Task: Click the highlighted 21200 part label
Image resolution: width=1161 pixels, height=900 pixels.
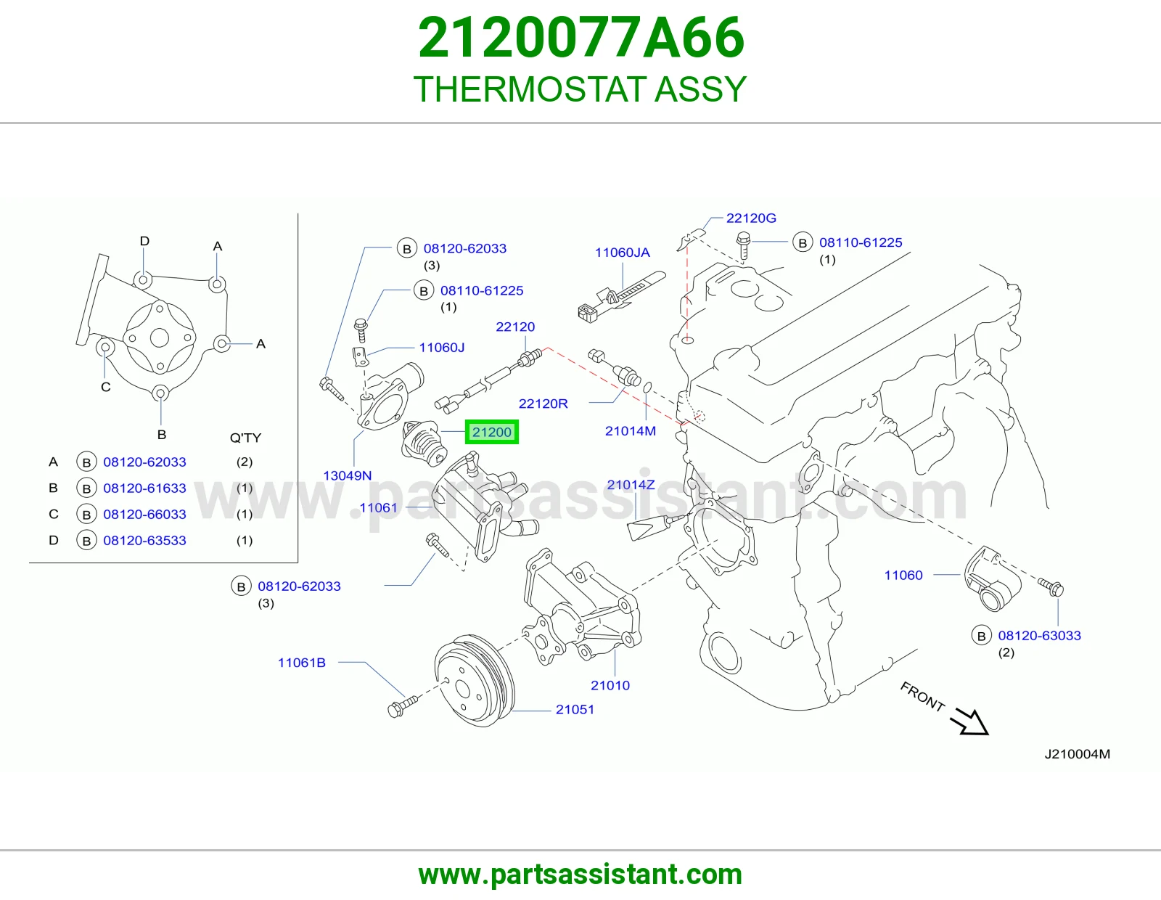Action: [x=491, y=432]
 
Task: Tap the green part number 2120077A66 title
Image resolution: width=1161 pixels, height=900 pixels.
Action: [x=580, y=38]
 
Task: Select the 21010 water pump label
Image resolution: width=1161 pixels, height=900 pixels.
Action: [x=610, y=685]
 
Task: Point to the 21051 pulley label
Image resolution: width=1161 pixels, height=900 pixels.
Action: [x=575, y=709]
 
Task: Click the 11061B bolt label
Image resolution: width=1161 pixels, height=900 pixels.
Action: [x=301, y=663]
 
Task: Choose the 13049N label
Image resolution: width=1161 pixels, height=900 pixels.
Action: [x=348, y=475]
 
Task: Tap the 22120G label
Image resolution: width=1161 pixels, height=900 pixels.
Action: [x=751, y=218]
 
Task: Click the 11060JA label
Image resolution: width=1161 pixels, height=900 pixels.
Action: [x=623, y=253]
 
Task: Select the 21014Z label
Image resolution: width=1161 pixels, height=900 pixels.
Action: [x=631, y=485]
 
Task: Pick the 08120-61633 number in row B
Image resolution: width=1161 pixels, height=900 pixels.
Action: [x=145, y=488]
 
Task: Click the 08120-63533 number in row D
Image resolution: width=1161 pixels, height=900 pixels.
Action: [x=145, y=540]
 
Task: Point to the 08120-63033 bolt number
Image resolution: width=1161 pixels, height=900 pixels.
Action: [x=1039, y=636]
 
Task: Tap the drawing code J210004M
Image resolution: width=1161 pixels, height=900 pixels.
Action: [x=1077, y=754]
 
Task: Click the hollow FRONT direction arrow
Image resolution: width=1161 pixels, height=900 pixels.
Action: [x=969, y=721]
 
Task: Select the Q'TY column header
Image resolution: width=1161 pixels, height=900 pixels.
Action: [x=246, y=438]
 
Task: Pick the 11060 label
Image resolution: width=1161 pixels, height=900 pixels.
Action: [x=903, y=575]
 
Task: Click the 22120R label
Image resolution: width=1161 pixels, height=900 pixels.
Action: [x=543, y=404]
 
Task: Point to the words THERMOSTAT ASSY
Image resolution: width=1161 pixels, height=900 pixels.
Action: [x=580, y=89]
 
